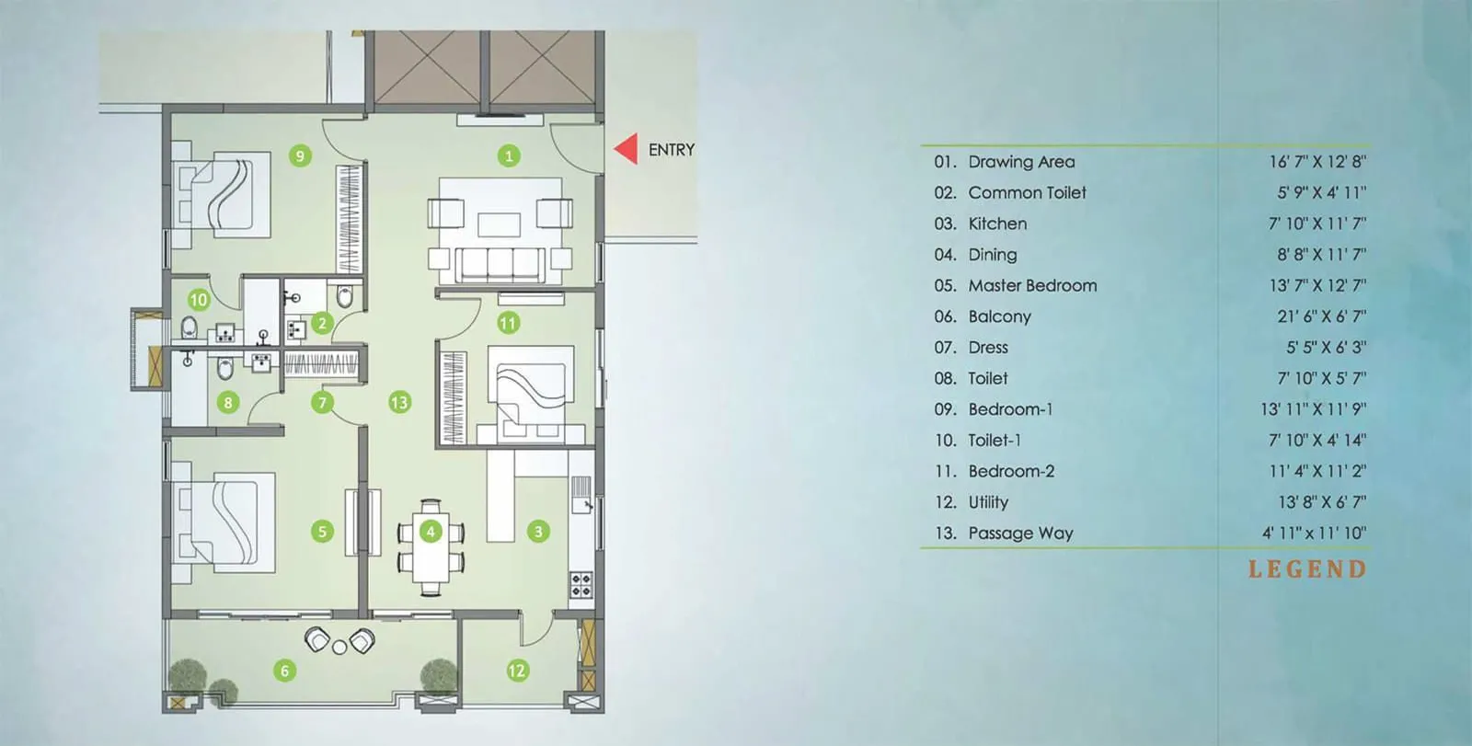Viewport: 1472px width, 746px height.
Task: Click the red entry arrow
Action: coord(628,149)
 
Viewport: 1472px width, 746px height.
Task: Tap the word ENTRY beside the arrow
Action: coord(672,150)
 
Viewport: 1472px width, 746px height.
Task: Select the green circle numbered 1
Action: coord(509,155)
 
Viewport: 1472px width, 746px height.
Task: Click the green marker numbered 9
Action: coord(300,155)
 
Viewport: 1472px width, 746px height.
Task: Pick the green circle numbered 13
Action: coord(399,402)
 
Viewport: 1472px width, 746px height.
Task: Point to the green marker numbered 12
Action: coord(517,671)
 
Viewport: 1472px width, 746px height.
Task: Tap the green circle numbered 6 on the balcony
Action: coord(284,671)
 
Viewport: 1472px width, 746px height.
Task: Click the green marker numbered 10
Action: coord(199,299)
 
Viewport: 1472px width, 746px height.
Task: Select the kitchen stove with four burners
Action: coord(581,584)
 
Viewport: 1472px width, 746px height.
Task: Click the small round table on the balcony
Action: coord(339,648)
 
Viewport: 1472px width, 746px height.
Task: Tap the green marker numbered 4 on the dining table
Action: coord(430,531)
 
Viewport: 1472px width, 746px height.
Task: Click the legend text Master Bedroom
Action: coord(1032,285)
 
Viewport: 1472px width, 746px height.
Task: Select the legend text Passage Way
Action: coord(1020,533)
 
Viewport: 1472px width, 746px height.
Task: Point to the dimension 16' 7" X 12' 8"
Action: coord(1317,162)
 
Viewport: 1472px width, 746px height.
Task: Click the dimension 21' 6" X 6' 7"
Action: coord(1321,316)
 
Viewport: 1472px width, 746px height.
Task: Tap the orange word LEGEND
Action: coord(1306,569)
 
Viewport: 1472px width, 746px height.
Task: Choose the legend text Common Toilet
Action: coord(1027,192)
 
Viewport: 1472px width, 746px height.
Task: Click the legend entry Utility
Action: coord(988,502)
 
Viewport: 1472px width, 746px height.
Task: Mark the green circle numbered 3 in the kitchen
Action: coord(538,531)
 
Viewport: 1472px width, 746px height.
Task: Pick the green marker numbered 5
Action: coord(322,531)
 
